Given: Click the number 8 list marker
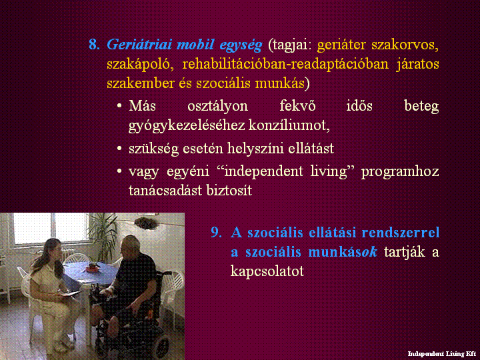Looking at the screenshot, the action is click(x=94, y=45).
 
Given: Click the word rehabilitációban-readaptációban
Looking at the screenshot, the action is click(x=285, y=64).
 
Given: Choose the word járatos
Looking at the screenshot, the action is click(x=417, y=64).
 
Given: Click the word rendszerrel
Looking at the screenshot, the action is click(x=401, y=233).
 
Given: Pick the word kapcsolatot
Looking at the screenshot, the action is click(x=267, y=271).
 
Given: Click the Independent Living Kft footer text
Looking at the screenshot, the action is click(x=442, y=354).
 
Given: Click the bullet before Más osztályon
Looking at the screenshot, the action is click(x=119, y=106).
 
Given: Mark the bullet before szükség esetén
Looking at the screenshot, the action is click(x=119, y=149).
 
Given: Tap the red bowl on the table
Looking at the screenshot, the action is click(x=92, y=268).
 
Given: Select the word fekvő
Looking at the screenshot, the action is click(x=297, y=106).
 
